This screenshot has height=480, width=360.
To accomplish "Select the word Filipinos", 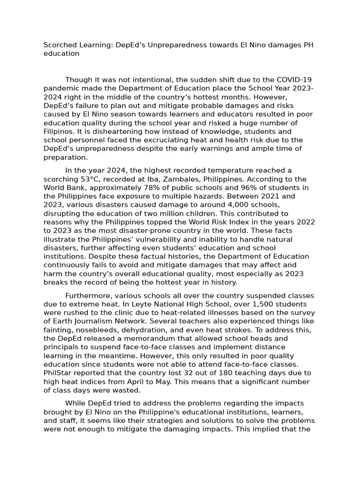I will point(59,131).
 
